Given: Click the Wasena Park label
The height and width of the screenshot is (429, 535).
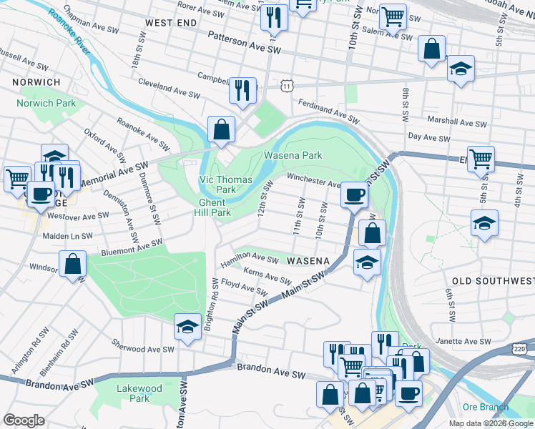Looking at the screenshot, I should [x=293, y=155].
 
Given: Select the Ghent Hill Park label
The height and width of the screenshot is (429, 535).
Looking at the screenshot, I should [x=214, y=207].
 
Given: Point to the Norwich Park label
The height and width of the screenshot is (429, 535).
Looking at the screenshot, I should [x=46, y=103].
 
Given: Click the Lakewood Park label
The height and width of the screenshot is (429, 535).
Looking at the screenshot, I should [x=139, y=393].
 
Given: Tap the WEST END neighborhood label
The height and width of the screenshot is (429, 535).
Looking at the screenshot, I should [x=170, y=23].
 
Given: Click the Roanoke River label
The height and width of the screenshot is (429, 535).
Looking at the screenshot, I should [x=72, y=34].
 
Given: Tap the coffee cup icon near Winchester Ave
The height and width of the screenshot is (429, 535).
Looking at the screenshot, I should [x=353, y=194].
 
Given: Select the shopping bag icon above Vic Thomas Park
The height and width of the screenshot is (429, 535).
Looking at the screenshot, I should [x=222, y=129].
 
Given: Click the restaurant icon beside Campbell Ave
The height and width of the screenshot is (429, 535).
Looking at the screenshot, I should [x=242, y=90].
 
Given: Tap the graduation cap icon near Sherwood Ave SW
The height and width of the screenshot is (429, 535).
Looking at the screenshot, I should [x=187, y=327].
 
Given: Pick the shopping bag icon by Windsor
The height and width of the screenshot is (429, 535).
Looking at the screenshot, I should [x=72, y=263].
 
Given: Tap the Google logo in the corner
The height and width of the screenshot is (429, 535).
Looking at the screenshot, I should [x=24, y=420].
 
